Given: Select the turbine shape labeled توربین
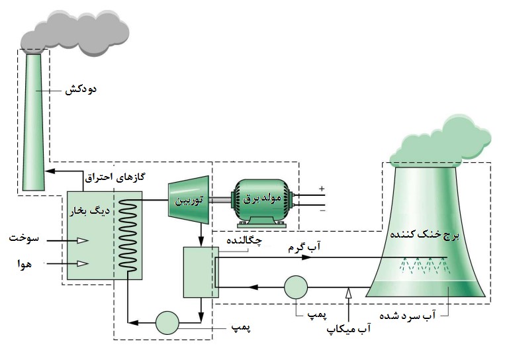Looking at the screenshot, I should coord(188,198).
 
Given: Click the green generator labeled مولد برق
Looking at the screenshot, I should coord(261,198).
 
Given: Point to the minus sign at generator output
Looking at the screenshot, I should coord(322,211).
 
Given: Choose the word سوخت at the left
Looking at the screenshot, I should coord(25,237).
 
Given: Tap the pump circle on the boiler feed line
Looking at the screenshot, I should coord(167,322).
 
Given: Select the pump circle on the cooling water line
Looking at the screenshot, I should coord(295,287).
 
